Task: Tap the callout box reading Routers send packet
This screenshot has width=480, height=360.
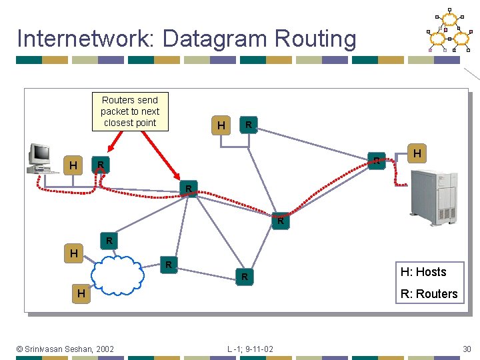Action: pos(130,111)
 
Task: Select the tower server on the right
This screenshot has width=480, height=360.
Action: pos(436,197)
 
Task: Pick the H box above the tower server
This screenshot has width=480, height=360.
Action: pos(417,154)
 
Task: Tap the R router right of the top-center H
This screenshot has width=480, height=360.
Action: pos(248,125)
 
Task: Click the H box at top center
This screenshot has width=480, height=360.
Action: pos(221,125)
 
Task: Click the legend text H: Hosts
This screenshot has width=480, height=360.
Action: pos(423,272)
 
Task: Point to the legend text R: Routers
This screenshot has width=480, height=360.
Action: pos(428,294)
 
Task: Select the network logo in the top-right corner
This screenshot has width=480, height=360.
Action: pos(450,30)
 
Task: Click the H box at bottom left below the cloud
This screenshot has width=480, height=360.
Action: pos(81,294)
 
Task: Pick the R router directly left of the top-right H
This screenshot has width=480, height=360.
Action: pos(377,161)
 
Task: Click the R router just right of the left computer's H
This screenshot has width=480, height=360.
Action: pos(99,164)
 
